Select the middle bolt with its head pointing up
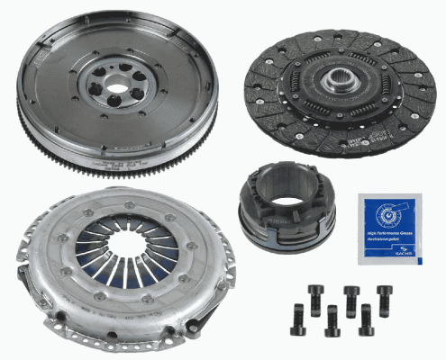pyautogui.click(x=351, y=296)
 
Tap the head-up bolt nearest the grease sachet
pyautogui.click(x=385, y=296)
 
